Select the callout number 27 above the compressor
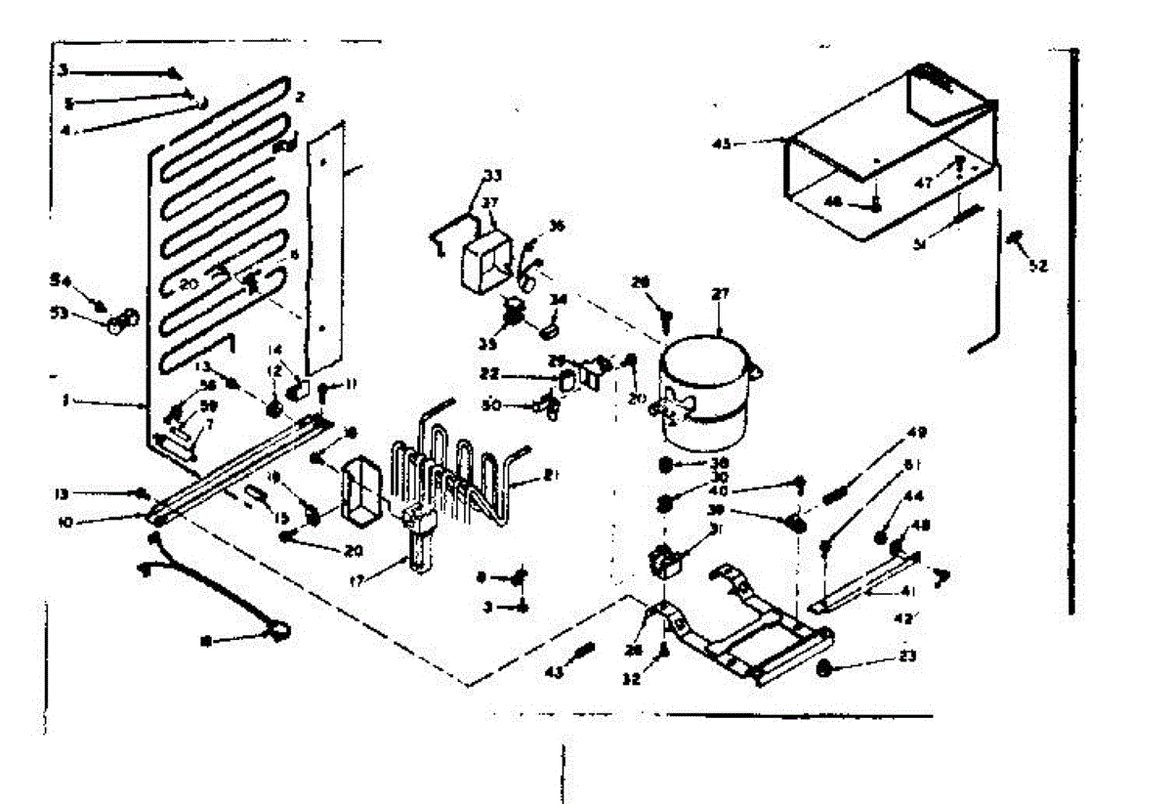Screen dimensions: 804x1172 [x=721, y=293]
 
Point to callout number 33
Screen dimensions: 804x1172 [x=492, y=176]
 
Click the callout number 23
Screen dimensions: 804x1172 [x=907, y=657]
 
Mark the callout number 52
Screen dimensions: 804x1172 [x=1037, y=264]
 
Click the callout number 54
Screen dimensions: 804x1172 [x=62, y=281]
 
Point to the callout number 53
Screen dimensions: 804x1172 [x=62, y=314]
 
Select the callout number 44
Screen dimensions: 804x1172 [x=914, y=497]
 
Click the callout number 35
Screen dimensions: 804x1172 [x=486, y=343]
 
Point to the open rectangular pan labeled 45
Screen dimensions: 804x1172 [x=884, y=161]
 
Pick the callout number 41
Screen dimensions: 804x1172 [x=907, y=590]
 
